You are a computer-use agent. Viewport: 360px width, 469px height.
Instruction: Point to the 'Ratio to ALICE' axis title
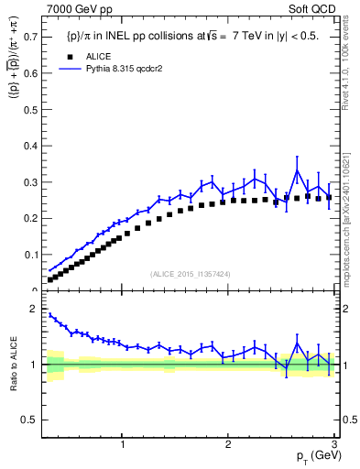[13, 365]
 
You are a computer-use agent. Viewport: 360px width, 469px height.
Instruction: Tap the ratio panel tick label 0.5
[28, 420]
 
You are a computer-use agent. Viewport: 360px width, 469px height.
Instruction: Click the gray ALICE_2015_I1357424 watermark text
[190, 273]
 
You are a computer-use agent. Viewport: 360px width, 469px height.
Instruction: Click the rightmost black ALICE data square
[328, 197]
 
